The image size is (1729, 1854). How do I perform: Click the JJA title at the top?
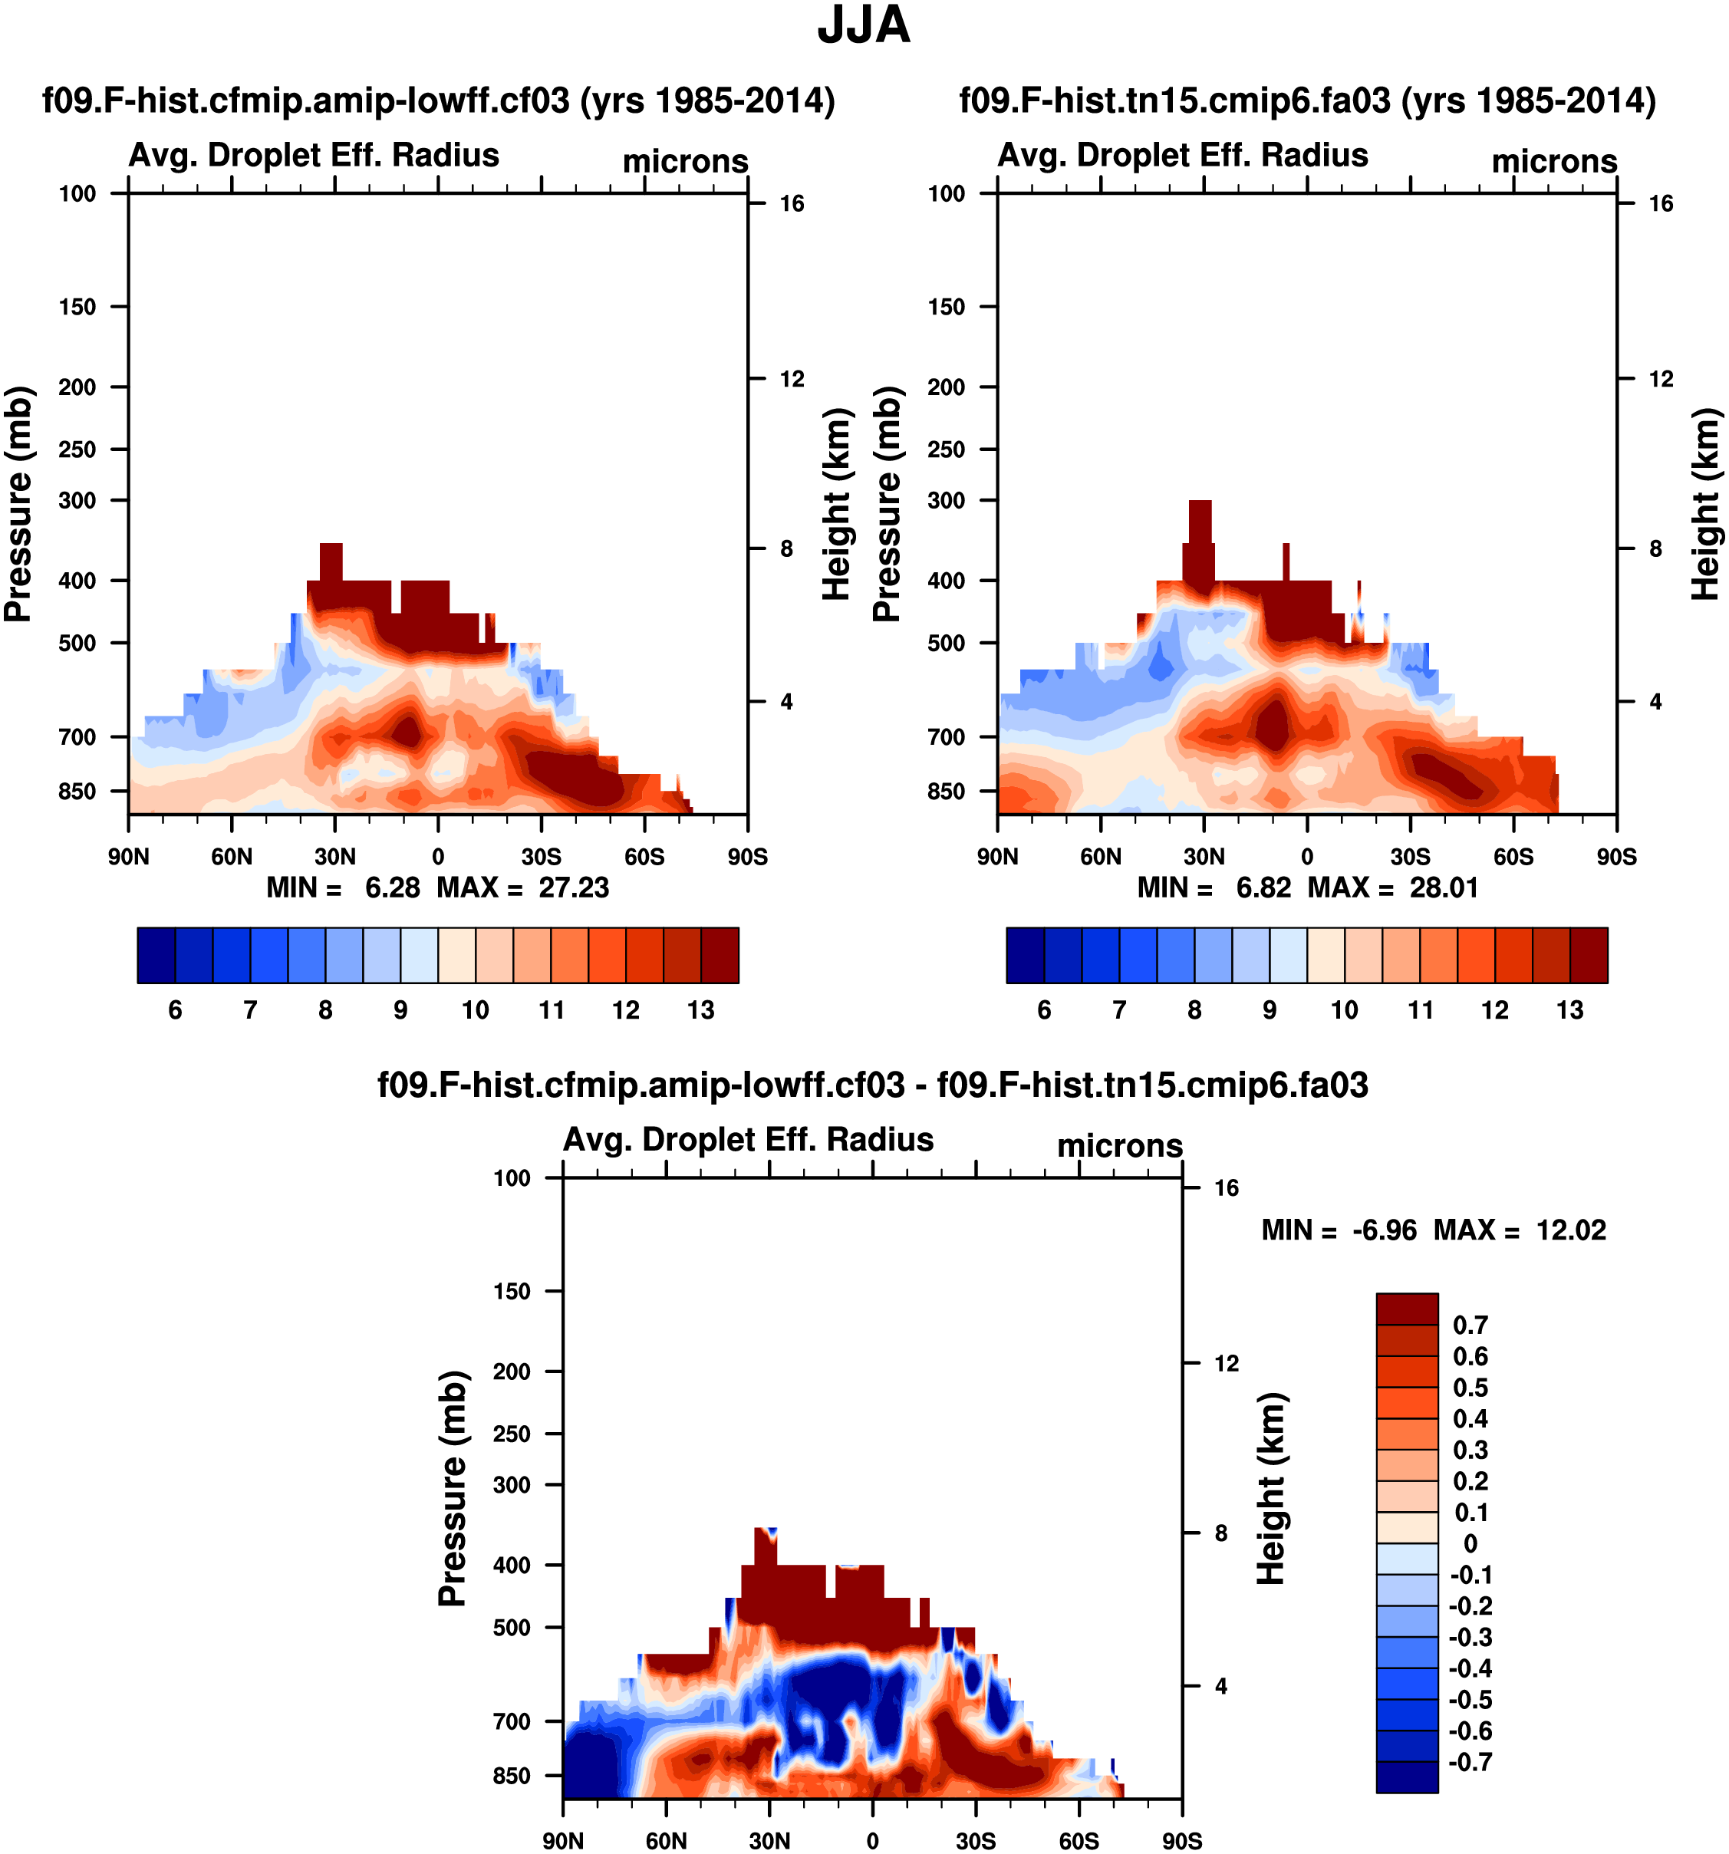coord(864,25)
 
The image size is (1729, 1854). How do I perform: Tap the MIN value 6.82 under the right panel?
coord(1263,887)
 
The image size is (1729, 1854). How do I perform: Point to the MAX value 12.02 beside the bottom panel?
coord(1572,1230)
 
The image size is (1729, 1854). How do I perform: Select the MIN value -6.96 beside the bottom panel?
coord(1385,1230)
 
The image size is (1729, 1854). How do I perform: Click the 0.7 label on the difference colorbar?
coord(1470,1325)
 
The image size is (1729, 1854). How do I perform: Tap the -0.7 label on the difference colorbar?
coord(1470,1762)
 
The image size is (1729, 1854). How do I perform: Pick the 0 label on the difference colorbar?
coord(1470,1543)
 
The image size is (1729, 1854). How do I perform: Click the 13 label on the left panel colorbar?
coord(700,1010)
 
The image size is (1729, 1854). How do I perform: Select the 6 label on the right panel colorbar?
coord(1045,1010)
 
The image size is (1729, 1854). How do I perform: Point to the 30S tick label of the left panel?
coord(541,856)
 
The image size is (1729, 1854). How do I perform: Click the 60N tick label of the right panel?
coord(1101,856)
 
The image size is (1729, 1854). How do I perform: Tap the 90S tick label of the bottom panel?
coord(1181,1841)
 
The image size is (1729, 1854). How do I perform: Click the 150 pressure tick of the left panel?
coord(77,307)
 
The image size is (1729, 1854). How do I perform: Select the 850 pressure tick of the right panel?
coord(946,791)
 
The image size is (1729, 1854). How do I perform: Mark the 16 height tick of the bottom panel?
coord(1227,1188)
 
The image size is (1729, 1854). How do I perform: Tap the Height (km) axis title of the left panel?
coord(838,504)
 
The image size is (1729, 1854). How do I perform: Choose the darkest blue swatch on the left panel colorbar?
coord(156,955)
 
